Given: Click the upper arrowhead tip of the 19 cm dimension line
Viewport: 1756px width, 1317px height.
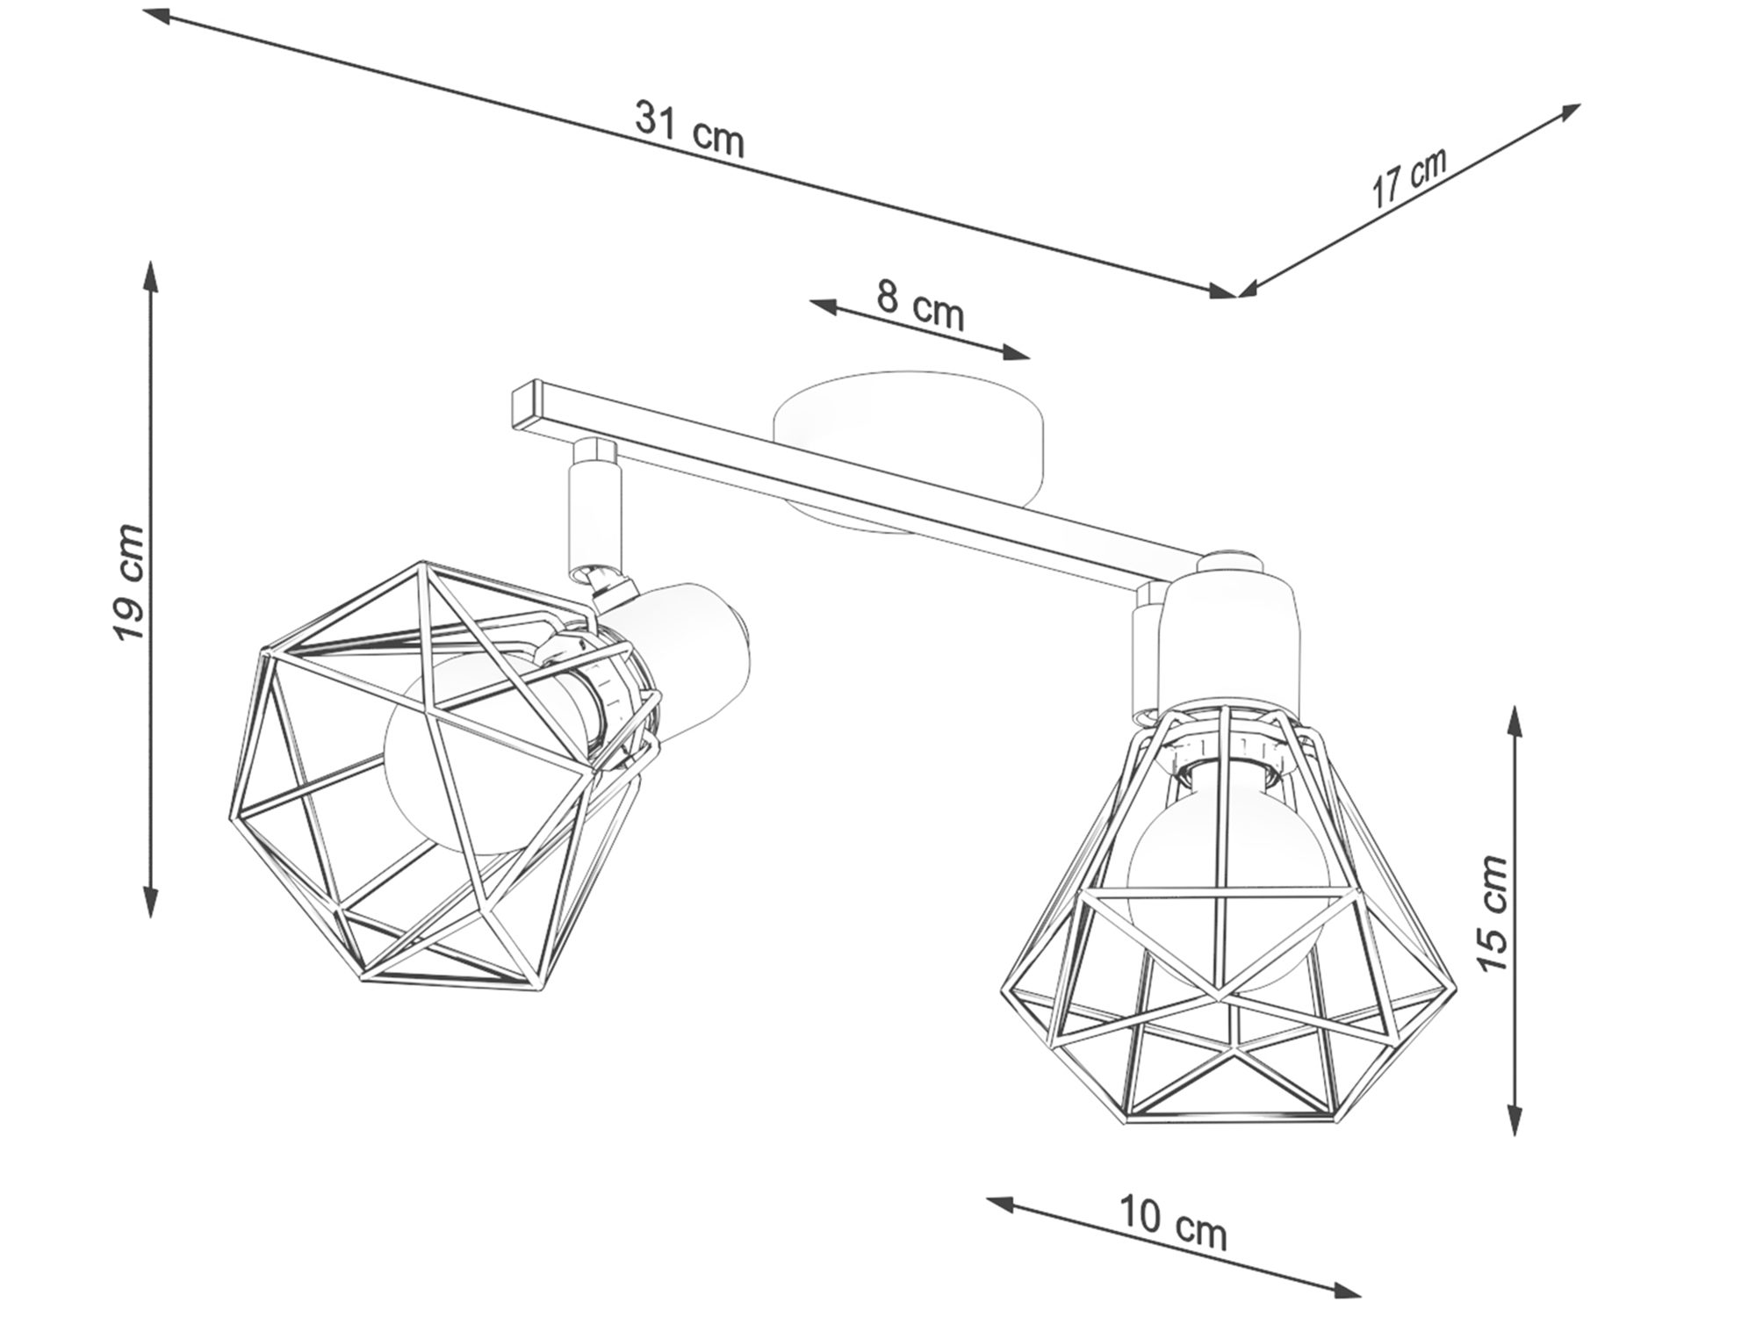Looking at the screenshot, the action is [x=152, y=261].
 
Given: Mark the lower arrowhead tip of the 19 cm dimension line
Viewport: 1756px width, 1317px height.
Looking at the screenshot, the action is [x=152, y=918].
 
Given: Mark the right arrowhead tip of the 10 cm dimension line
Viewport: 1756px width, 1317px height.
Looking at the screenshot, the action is [x=1360, y=1295].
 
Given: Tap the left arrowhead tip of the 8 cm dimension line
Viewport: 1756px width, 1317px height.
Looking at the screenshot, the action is [x=810, y=301].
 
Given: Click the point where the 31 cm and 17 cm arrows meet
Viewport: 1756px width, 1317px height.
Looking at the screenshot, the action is [x=1237, y=296].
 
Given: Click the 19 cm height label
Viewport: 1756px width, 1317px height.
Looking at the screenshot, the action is [x=129, y=582].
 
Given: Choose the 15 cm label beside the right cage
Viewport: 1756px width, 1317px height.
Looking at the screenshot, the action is [x=1492, y=913].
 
